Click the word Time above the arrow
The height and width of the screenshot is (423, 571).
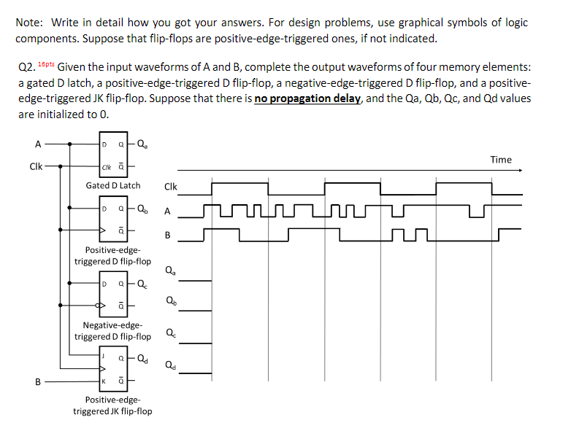pyautogui.click(x=501, y=160)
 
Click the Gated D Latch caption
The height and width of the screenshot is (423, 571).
pyautogui.click(x=113, y=185)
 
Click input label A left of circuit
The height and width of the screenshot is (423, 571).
pyautogui.click(x=28, y=144)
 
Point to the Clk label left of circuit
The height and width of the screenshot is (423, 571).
pyautogui.click(x=34, y=166)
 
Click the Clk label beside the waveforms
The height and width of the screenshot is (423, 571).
pyautogui.click(x=171, y=187)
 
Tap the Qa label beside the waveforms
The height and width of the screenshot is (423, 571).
pyautogui.click(x=170, y=271)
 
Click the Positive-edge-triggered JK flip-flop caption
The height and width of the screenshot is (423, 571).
pyautogui.click(x=113, y=405)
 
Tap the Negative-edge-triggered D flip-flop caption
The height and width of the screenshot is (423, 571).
pyautogui.click(x=113, y=330)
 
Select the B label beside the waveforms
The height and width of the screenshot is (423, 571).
pyautogui.click(x=168, y=236)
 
